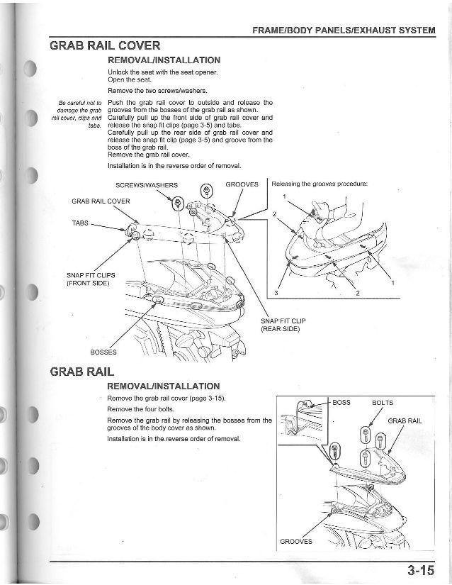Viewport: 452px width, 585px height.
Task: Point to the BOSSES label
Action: click(104, 352)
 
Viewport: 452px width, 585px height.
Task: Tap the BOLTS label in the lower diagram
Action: click(383, 403)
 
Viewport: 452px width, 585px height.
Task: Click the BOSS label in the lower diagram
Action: click(341, 403)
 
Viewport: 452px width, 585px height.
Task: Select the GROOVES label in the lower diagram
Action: click(296, 542)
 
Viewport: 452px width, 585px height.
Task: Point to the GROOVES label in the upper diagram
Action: click(242, 186)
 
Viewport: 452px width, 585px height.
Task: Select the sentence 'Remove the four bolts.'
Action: click(137, 410)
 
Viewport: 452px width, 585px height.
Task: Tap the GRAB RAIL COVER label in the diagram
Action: click(100, 201)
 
